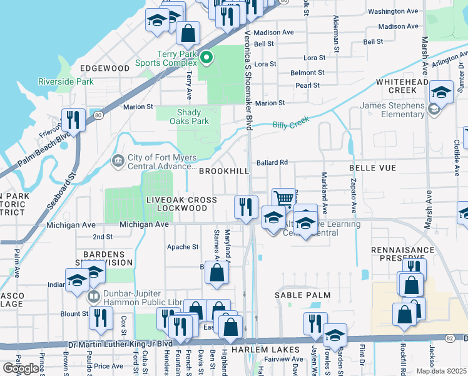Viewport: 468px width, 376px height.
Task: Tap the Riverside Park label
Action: (x=66, y=81)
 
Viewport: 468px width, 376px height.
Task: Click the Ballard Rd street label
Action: (x=272, y=162)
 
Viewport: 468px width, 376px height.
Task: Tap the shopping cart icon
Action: (x=283, y=199)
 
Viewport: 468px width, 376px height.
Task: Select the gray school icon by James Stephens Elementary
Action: (x=434, y=110)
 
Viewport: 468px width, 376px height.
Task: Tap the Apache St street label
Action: (x=183, y=247)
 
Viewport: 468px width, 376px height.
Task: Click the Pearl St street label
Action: (x=307, y=85)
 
